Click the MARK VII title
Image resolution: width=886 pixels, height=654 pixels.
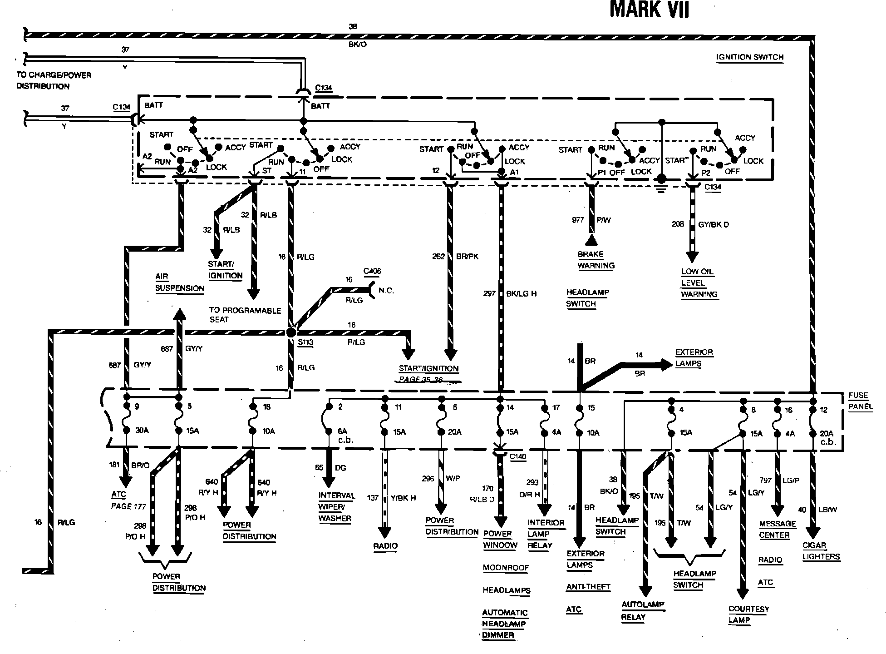pyautogui.click(x=649, y=10)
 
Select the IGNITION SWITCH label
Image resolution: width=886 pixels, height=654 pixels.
pyautogui.click(x=750, y=57)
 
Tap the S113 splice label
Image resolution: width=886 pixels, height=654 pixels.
pyautogui.click(x=305, y=342)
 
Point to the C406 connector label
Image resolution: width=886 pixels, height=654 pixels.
pyautogui.click(x=372, y=271)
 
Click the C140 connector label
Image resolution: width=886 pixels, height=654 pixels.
pyautogui.click(x=518, y=456)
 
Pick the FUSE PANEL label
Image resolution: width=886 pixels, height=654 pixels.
pyautogui.click(x=861, y=401)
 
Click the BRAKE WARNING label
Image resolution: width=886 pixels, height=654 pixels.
pyautogui.click(x=596, y=260)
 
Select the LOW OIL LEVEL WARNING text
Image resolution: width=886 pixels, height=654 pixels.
pyautogui.click(x=699, y=283)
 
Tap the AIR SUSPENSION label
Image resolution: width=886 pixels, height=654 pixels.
pyautogui.click(x=179, y=282)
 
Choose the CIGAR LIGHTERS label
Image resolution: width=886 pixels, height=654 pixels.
pyautogui.click(x=821, y=551)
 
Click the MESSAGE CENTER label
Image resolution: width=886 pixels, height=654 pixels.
pyautogui.click(x=777, y=530)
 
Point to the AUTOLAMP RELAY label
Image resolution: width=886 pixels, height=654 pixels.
pyautogui.click(x=642, y=611)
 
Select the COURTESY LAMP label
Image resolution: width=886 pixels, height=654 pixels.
pyautogui.click(x=748, y=614)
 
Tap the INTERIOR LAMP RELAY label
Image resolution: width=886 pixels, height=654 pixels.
pyautogui.click(x=546, y=534)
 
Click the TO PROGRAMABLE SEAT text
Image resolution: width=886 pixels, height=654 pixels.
pyautogui.click(x=245, y=315)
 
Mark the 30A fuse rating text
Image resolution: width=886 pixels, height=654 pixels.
pyautogui.click(x=142, y=431)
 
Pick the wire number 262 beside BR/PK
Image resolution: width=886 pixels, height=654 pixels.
pyautogui.click(x=438, y=257)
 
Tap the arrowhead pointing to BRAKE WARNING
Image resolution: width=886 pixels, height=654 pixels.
pyautogui.click(x=591, y=240)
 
